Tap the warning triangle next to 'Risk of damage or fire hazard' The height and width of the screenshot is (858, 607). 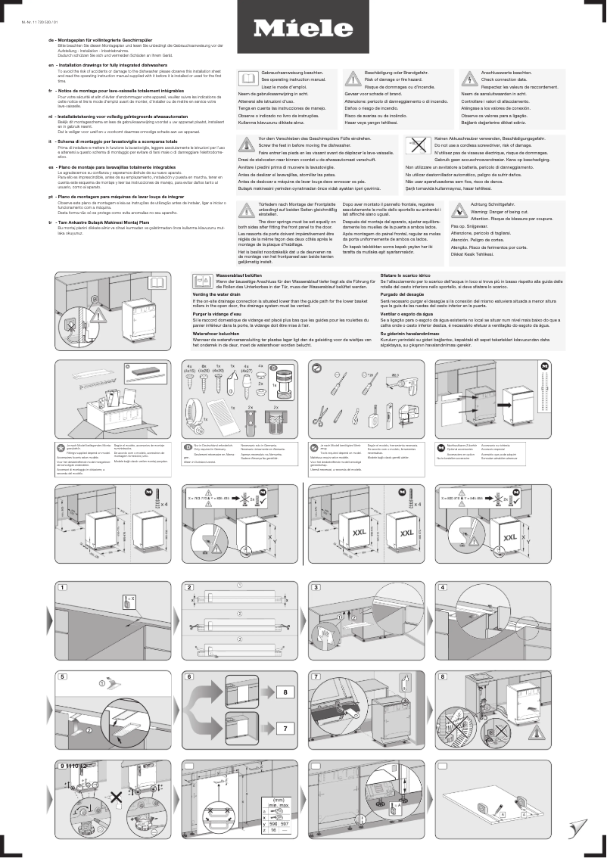tap(353, 78)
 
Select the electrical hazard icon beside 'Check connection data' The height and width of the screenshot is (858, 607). tap(469, 78)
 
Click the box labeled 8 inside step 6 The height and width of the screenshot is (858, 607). tap(282, 692)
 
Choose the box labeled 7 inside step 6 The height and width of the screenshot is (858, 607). tap(282, 729)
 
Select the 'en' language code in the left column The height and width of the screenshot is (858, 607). tap(50, 66)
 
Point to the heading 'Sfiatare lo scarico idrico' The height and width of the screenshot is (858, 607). tap(405, 275)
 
